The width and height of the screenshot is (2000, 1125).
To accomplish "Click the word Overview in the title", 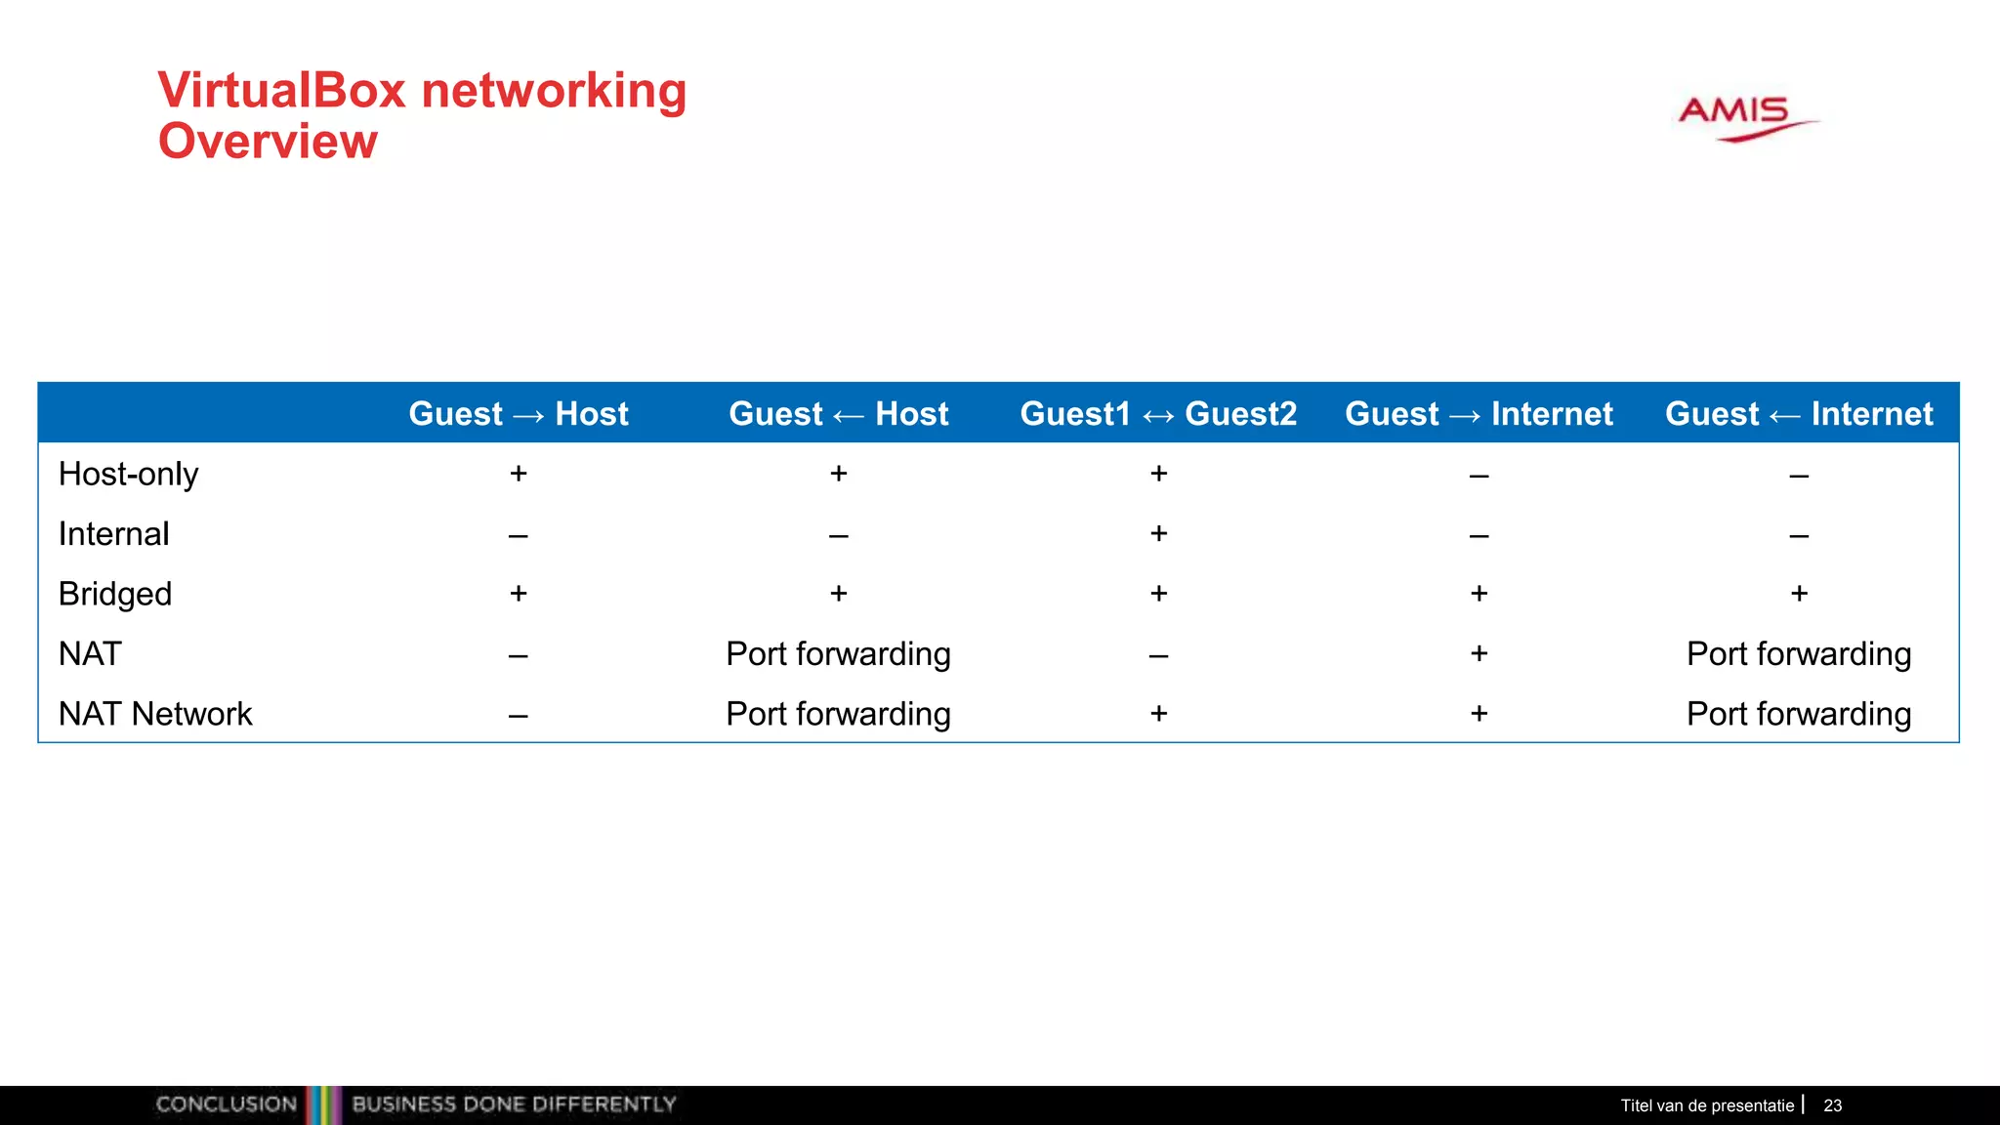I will [x=268, y=142].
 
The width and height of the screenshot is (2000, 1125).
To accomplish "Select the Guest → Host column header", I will [x=519, y=414].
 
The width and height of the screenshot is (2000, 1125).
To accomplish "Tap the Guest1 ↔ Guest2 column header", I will [x=1158, y=414].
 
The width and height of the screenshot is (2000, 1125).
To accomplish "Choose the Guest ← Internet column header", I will [x=1799, y=414].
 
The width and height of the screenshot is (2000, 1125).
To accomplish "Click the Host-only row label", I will [x=128, y=475].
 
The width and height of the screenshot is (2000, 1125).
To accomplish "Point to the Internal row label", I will [x=113, y=534].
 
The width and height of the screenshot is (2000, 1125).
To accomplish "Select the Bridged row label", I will [x=115, y=595].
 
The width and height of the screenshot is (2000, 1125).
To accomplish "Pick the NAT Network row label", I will [x=155, y=714].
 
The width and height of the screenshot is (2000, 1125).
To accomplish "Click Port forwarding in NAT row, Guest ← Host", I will [x=838, y=654].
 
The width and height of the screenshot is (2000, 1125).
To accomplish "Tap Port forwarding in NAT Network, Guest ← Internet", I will [x=1799, y=714].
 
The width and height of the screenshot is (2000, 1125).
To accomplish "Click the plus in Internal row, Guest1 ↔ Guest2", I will [x=1158, y=533].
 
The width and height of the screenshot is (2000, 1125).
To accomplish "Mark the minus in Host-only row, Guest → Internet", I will [x=1479, y=477].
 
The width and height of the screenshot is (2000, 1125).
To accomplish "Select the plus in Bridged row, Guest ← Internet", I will [x=1799, y=594].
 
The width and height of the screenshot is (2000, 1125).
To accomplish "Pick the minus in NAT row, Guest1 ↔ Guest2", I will [x=1158, y=656].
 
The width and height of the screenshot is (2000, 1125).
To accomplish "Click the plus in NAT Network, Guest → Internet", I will [x=1479, y=714].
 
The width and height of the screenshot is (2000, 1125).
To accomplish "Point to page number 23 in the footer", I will [x=1832, y=1105].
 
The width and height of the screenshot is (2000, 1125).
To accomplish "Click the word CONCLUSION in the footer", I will [x=226, y=1104].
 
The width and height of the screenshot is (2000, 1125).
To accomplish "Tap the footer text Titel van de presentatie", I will [x=1707, y=1105].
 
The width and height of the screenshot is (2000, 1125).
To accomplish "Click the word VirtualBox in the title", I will [x=281, y=91].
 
